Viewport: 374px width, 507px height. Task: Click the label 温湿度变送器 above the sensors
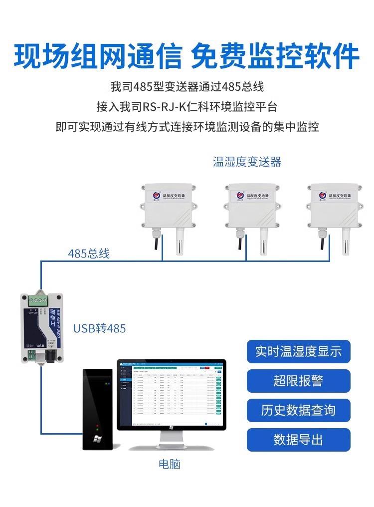[x=247, y=162]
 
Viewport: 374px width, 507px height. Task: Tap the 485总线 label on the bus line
[x=89, y=253]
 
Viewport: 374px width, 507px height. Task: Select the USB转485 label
[x=100, y=328]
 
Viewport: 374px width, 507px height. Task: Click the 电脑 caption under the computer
[x=169, y=464]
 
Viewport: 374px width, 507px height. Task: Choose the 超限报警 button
[x=298, y=381]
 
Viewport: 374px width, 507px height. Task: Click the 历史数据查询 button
[x=298, y=410]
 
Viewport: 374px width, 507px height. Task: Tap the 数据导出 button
[x=298, y=440]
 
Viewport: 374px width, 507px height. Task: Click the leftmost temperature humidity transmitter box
[x=165, y=207]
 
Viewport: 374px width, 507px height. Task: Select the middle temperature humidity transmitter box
[x=247, y=207]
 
